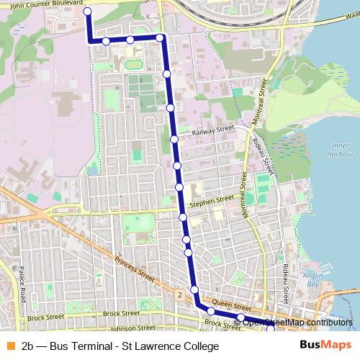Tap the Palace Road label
coord(22,287)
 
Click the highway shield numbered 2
coord(178,294)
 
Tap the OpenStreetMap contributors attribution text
coord(297,322)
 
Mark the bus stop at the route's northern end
coord(88,12)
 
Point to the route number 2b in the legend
coord(30,346)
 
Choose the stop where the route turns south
coord(161,37)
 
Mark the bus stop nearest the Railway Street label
coord(174,139)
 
